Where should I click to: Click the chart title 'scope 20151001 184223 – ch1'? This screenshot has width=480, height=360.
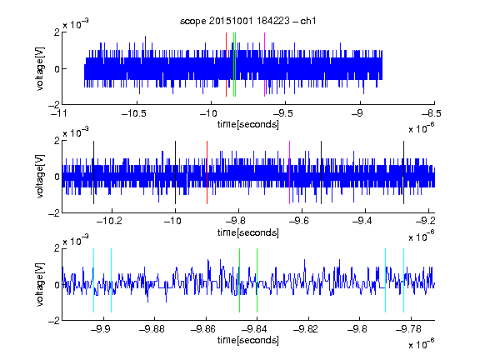(247, 21)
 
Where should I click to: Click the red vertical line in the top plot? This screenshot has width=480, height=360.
(226, 65)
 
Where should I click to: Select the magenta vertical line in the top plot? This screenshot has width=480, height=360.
(264, 65)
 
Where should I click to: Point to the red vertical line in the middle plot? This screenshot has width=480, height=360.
(207, 172)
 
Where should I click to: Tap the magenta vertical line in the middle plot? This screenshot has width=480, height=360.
(290, 172)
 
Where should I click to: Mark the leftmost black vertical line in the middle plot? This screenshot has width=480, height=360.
(93, 172)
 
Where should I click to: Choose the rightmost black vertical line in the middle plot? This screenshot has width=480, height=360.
(403, 172)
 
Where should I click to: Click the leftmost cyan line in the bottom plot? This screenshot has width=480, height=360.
(93, 280)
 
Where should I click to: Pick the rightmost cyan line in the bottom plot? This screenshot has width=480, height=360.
(403, 280)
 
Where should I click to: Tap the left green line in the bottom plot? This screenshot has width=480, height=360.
(239, 280)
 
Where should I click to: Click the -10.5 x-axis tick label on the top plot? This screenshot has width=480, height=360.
(134, 114)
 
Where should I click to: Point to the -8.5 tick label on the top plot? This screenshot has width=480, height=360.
(432, 114)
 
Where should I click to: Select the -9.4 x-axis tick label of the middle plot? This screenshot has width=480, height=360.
(362, 221)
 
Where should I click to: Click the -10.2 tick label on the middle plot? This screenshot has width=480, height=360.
(109, 221)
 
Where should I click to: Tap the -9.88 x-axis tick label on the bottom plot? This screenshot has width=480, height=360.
(152, 329)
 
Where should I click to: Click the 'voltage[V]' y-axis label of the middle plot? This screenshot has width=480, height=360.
(40, 177)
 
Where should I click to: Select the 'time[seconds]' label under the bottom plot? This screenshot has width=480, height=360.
(248, 340)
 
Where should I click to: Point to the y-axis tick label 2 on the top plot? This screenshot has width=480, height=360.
(57, 32)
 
